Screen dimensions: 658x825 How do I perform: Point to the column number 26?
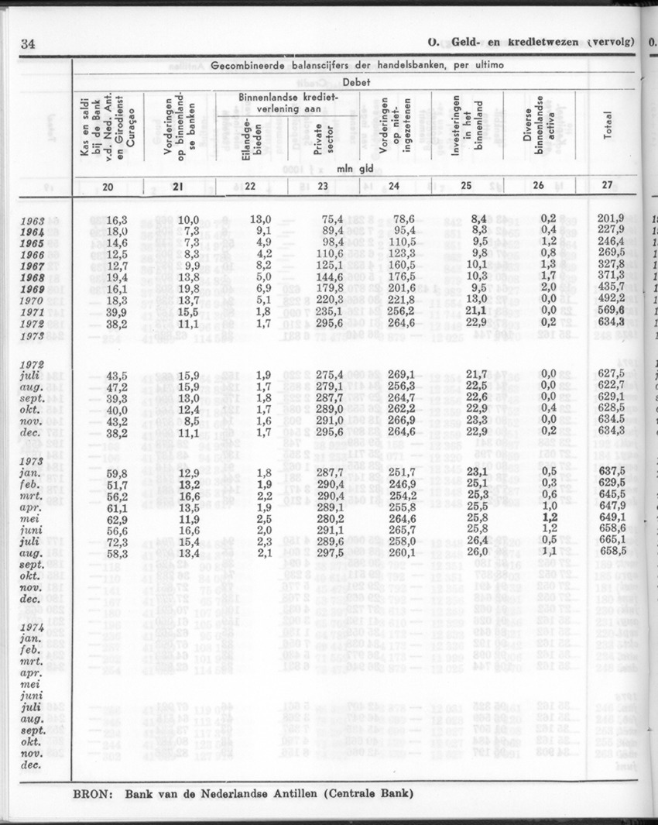[x=539, y=185]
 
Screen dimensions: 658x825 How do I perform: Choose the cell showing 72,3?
[x=116, y=539]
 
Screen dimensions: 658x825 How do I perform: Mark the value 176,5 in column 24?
[x=401, y=277]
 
